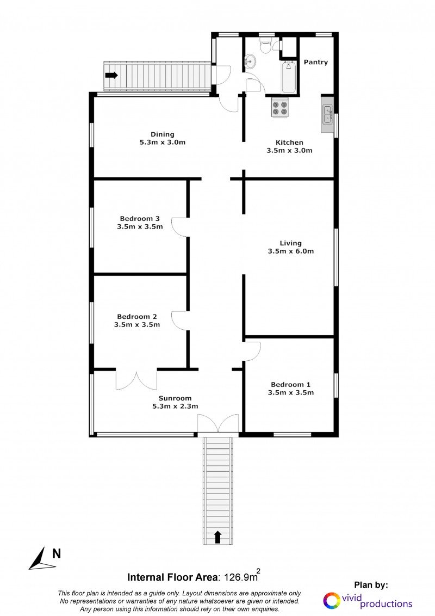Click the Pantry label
[316, 62]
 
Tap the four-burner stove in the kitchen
[280, 108]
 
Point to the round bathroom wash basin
[250, 61]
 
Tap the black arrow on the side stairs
[111, 75]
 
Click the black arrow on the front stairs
[218, 537]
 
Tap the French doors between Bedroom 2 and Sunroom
[136, 380]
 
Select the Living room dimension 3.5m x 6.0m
[291, 251]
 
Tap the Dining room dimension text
[163, 142]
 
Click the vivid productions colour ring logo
[332, 601]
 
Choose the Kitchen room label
[289, 142]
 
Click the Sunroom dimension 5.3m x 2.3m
[175, 406]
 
